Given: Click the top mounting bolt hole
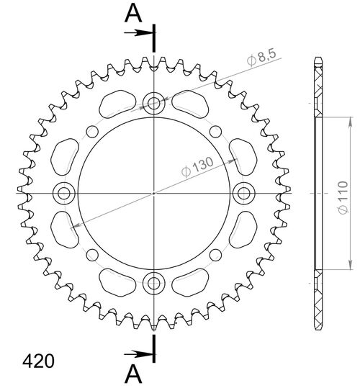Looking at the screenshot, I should [x=154, y=102].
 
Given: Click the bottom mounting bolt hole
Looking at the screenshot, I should [x=154, y=283].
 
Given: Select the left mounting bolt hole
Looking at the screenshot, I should [x=64, y=192].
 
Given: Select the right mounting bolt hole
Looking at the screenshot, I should [x=244, y=192].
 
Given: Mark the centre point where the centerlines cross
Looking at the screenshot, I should [x=154, y=193].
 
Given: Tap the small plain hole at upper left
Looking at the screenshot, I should [x=91, y=130].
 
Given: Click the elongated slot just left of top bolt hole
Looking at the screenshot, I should [x=116, y=103].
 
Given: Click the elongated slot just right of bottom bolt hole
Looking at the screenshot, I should [x=192, y=282].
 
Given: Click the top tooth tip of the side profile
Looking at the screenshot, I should [x=317, y=60].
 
